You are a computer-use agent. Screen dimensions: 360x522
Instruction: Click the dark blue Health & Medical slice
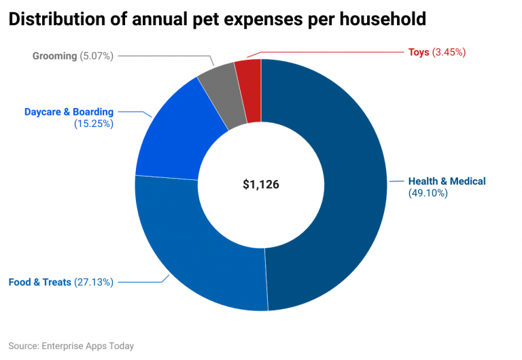pos(340,183)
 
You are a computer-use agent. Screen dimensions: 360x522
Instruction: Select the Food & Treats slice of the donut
pos(197,251)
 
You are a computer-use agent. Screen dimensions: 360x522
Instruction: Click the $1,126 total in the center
pos(261,184)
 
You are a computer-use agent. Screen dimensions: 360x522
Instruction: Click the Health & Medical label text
pos(447,181)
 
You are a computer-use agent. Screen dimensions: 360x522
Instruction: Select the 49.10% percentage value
pos(428,194)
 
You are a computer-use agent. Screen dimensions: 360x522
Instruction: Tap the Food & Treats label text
pos(39,282)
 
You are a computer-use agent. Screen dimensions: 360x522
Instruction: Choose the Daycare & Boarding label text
pos(69,111)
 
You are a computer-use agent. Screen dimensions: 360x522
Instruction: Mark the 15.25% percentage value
pos(93,124)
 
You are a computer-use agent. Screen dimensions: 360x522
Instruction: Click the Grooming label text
pos(54,56)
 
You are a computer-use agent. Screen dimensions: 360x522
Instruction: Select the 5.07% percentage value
pos(97,56)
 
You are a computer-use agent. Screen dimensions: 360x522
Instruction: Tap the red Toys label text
pos(419,52)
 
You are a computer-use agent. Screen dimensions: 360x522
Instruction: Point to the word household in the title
pos(381,19)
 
